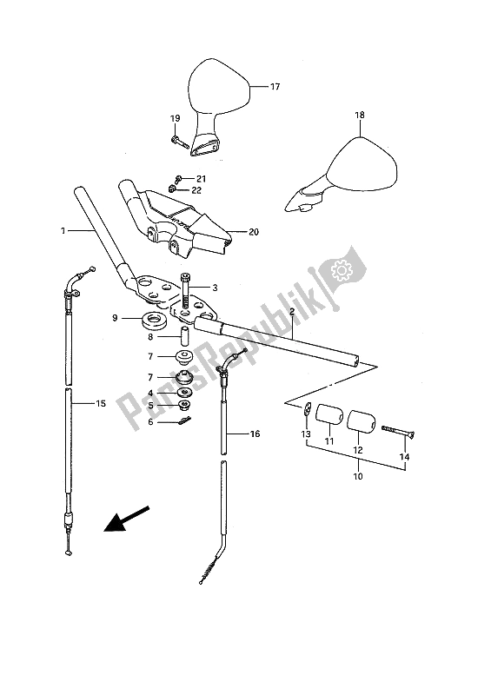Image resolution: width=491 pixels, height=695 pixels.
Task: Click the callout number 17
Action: tap(275, 87)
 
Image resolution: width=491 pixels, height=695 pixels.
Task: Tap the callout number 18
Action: tap(359, 116)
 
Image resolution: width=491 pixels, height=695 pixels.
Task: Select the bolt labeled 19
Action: tap(178, 142)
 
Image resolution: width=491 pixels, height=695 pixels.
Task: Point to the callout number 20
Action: tap(253, 232)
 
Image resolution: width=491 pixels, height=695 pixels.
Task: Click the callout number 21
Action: tap(201, 179)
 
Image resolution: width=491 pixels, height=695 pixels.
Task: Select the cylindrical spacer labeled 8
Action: tap(183, 337)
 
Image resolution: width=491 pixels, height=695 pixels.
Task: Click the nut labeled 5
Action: tap(184, 404)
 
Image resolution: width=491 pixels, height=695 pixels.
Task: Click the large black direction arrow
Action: tap(126, 519)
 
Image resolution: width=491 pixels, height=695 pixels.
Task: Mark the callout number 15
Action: tap(101, 403)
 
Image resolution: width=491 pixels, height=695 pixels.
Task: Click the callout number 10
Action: tap(358, 476)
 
